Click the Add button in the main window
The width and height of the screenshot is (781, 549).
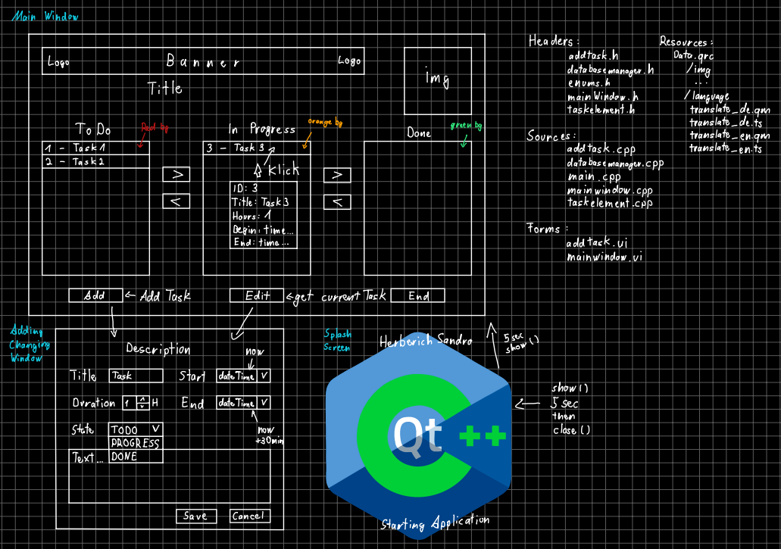(x=95, y=296)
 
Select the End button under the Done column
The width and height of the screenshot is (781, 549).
(x=418, y=296)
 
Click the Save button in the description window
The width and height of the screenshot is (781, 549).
(x=195, y=516)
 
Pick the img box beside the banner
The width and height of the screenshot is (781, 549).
(x=437, y=80)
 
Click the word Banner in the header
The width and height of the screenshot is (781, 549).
(x=204, y=62)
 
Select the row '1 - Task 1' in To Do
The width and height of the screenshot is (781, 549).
(x=95, y=148)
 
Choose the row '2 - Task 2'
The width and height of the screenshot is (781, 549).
(x=95, y=161)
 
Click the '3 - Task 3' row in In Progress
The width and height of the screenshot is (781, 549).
(x=256, y=148)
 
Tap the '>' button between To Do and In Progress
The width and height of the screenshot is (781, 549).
(x=177, y=175)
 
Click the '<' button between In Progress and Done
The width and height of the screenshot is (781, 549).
(x=337, y=202)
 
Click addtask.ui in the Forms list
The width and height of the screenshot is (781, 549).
(x=596, y=244)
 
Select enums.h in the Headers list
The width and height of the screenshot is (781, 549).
(x=589, y=83)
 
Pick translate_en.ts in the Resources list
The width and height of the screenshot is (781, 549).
(x=725, y=149)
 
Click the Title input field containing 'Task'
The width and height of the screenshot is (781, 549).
(x=136, y=376)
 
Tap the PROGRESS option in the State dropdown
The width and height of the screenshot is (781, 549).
(x=136, y=443)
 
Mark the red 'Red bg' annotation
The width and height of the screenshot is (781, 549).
(x=155, y=129)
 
